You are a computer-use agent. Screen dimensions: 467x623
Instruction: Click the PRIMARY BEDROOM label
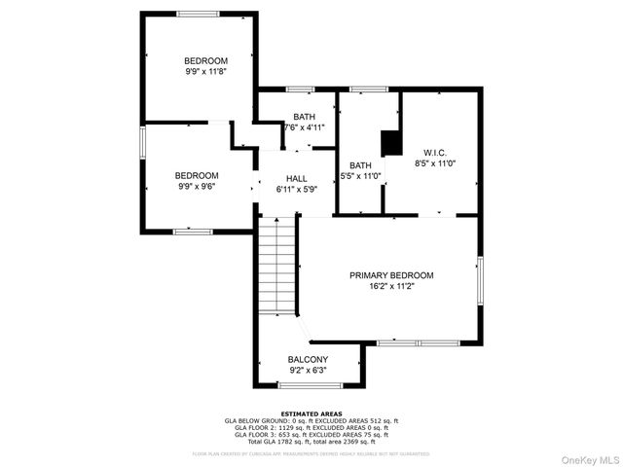391,275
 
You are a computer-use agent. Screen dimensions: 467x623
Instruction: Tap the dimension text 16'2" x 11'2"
391,287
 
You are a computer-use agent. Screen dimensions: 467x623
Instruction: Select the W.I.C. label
434,153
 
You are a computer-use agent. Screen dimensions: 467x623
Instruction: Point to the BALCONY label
308,360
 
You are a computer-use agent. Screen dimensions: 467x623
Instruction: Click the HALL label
297,180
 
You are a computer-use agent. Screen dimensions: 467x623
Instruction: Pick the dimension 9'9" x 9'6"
196,187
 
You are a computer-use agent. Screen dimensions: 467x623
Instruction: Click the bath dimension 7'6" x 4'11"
304,127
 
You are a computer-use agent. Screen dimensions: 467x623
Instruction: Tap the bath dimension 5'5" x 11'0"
360,176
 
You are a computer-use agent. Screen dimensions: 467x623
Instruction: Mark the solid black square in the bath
391,143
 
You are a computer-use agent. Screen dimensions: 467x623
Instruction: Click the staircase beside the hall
277,268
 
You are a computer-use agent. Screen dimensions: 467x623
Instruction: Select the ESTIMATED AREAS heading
311,413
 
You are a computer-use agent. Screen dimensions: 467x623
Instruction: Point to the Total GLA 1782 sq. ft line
311,442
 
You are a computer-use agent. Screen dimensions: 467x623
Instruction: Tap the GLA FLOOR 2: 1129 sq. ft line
311,427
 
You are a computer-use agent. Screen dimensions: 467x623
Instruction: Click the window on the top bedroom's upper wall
198,14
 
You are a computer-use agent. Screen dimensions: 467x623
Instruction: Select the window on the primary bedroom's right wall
480,282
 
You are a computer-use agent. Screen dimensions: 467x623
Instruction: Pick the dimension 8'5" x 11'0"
434,164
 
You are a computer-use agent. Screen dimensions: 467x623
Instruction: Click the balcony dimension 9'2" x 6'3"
308,371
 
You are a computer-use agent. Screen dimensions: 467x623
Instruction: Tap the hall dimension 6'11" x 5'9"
297,192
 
